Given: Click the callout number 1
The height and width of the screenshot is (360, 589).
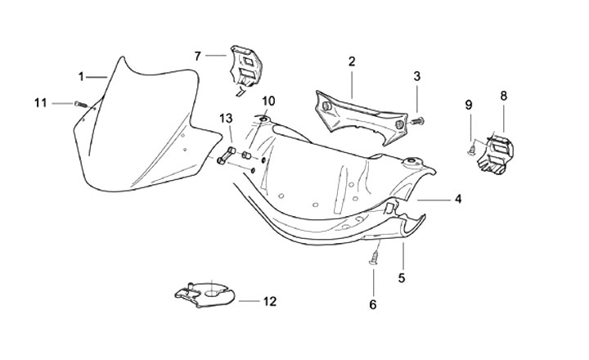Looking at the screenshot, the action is [82, 76].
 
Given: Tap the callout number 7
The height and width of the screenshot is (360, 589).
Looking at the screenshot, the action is [197, 56].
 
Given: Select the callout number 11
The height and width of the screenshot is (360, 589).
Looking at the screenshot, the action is [40, 102].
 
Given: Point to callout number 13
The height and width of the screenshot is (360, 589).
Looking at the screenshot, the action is [227, 119].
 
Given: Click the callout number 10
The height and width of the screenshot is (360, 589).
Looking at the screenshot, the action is [268, 101].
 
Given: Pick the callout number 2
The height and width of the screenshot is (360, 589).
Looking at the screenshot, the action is [351, 61].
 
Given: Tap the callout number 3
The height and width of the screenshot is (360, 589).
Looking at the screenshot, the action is [416, 76].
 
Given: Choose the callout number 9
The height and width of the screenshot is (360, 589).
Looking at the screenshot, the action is [469, 105].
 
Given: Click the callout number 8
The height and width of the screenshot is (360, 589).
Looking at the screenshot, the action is [503, 96].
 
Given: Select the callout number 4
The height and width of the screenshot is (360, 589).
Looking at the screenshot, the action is [458, 199].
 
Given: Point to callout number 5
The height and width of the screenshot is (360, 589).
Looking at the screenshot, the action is [402, 277].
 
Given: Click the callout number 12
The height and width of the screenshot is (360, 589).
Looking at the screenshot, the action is [270, 301].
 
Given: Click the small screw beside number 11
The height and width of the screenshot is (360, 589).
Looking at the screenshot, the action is [79, 103].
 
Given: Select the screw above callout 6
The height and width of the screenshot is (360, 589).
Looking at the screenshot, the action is [374, 257].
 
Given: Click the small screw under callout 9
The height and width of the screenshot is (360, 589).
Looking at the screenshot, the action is [470, 150].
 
